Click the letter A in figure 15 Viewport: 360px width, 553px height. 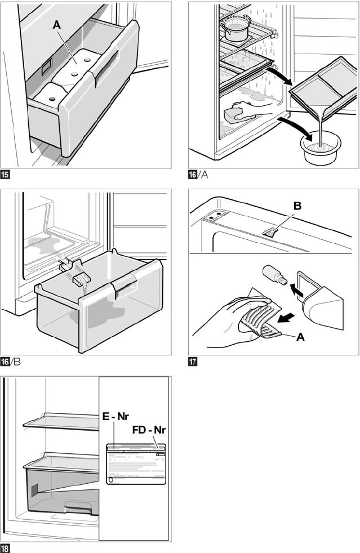(56, 25)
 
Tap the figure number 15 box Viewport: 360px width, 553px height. (5, 175)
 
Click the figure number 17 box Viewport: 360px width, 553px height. (193, 362)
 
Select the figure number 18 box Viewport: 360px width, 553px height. (5, 548)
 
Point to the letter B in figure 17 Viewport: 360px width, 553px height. (297, 206)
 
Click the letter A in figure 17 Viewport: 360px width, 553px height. (300, 338)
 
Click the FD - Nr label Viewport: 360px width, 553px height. (151, 430)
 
